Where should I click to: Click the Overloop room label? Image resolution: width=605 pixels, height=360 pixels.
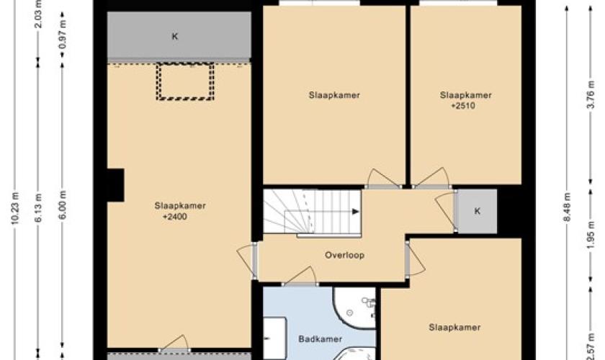point(344,255)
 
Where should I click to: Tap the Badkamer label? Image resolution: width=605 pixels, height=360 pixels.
point(321,339)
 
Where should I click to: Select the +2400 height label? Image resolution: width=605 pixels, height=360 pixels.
point(175,217)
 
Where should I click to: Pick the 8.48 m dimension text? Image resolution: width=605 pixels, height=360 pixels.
point(567,207)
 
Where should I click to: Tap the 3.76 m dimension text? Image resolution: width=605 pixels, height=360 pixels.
point(591,94)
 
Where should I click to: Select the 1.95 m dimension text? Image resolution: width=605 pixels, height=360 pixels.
point(591,235)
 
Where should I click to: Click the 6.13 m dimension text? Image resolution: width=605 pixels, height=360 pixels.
point(39,208)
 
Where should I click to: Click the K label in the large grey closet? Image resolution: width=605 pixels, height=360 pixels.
point(175,37)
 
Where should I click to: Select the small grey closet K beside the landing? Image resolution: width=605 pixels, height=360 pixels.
point(477,211)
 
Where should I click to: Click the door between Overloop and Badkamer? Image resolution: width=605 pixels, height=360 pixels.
point(301,276)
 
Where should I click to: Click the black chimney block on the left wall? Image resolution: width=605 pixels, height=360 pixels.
point(115,185)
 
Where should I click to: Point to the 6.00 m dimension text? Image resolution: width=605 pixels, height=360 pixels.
point(63,205)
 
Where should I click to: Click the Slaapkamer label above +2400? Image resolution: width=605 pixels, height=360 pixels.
point(180,206)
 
